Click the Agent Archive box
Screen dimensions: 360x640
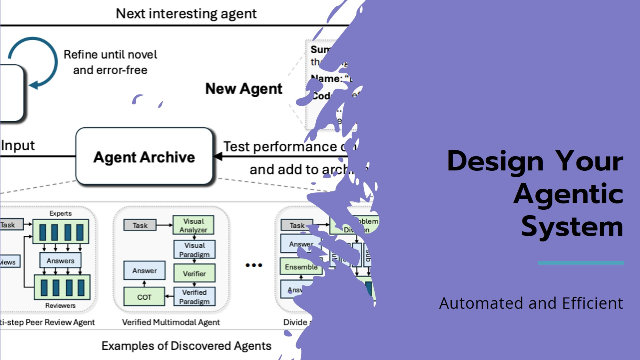[144, 157]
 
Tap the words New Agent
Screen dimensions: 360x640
[244, 89]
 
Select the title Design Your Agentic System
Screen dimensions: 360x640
[535, 193]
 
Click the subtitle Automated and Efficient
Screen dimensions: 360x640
[531, 303]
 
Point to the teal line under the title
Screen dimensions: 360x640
[581, 263]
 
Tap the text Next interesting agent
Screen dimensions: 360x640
[186, 13]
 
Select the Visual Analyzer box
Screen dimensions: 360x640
[193, 225]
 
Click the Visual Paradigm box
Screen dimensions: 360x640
[194, 249]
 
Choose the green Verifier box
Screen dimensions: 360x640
[194, 273]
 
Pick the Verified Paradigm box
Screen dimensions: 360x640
[194, 297]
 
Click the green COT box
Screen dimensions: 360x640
[144, 297]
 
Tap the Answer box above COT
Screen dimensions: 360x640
[144, 271]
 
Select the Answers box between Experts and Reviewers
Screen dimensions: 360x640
[60, 260]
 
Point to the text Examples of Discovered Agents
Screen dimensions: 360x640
[186, 346]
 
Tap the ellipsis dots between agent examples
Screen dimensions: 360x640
[254, 265]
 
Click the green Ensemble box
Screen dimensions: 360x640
[300, 267]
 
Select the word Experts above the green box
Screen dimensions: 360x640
[60, 213]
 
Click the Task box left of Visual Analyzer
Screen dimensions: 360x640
[140, 225]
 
